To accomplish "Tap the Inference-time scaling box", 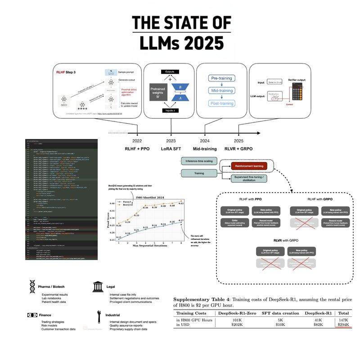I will [198, 161].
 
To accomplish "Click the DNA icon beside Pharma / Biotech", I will [32, 287].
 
